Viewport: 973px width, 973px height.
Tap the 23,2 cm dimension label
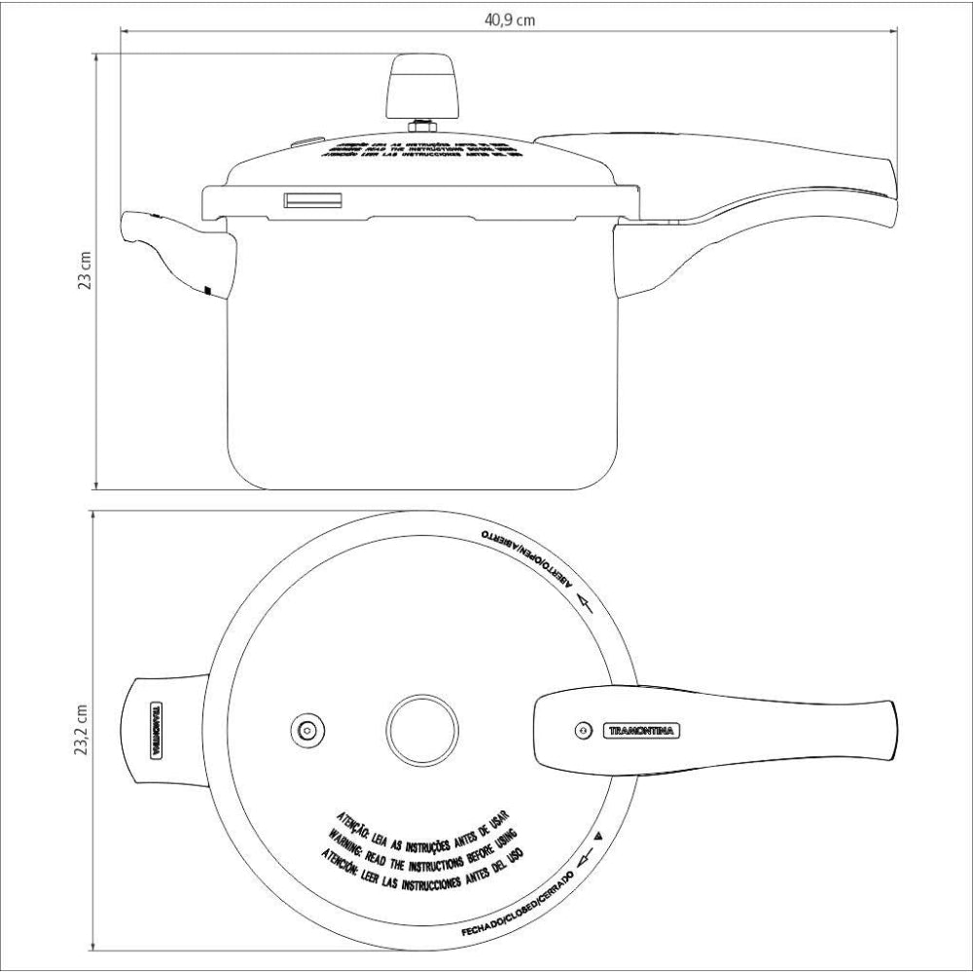(x=83, y=728)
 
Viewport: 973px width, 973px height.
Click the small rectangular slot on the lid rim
(x=312, y=199)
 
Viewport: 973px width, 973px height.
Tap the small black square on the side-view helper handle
(x=208, y=289)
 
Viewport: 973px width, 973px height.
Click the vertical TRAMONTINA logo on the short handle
(x=154, y=730)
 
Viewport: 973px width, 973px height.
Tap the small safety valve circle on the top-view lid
(x=307, y=729)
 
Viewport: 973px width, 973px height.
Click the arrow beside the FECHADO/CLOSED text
(x=584, y=856)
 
